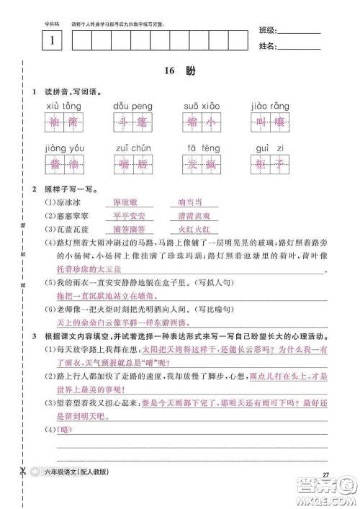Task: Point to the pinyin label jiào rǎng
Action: click(269, 106)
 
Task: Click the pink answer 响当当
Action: click(194, 203)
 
